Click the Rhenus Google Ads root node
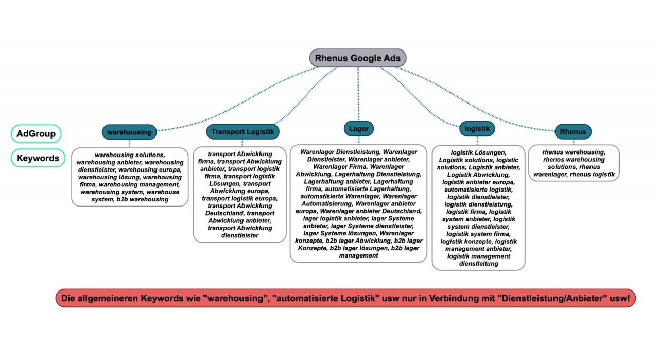click(358, 58)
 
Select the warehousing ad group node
click(129, 132)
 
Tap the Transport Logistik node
click(243, 132)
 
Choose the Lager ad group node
click(358, 128)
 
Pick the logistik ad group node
click(477, 128)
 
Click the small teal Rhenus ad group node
click(573, 132)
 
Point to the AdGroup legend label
click(36, 134)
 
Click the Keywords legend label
click(38, 158)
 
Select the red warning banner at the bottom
click(345, 298)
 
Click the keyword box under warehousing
click(130, 177)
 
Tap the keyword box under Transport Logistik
click(240, 194)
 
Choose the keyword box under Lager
click(358, 203)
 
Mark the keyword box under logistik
click(478, 208)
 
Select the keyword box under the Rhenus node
click(574, 163)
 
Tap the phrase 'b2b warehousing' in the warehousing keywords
click(143, 199)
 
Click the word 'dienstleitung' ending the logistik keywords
click(479, 263)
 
